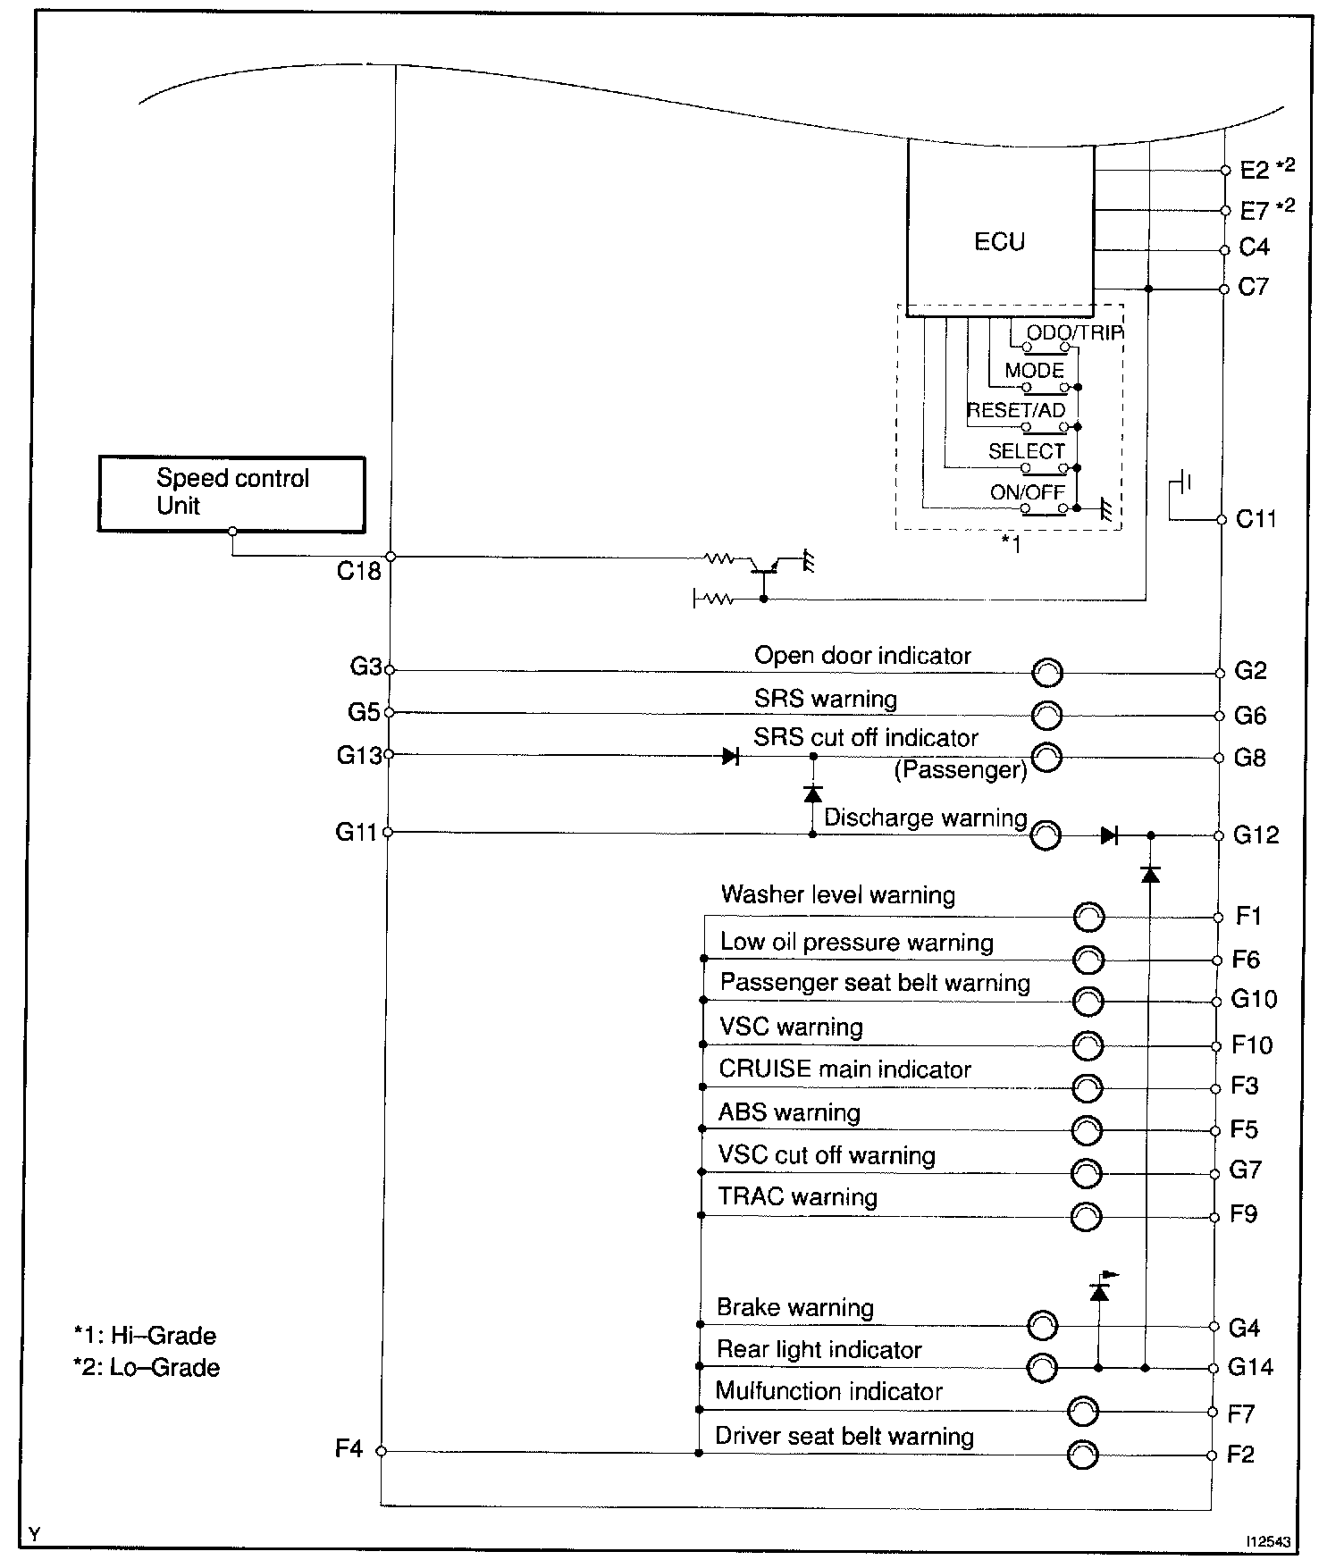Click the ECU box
(1000, 229)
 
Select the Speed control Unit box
(231, 493)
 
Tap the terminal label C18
(359, 571)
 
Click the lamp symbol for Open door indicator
(1047, 673)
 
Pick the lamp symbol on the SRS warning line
(1047, 715)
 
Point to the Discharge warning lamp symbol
(1046, 835)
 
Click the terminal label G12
(1256, 835)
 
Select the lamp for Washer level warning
(1088, 917)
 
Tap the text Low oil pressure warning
(856, 943)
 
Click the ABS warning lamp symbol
(1087, 1130)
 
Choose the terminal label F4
(349, 1448)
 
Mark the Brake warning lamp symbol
(1043, 1326)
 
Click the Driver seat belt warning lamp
(1083, 1454)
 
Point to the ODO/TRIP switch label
(1074, 332)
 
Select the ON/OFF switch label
(1027, 492)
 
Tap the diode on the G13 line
(730, 757)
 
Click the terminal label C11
(1256, 519)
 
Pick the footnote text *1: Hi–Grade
(146, 1336)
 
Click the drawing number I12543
(1270, 1541)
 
